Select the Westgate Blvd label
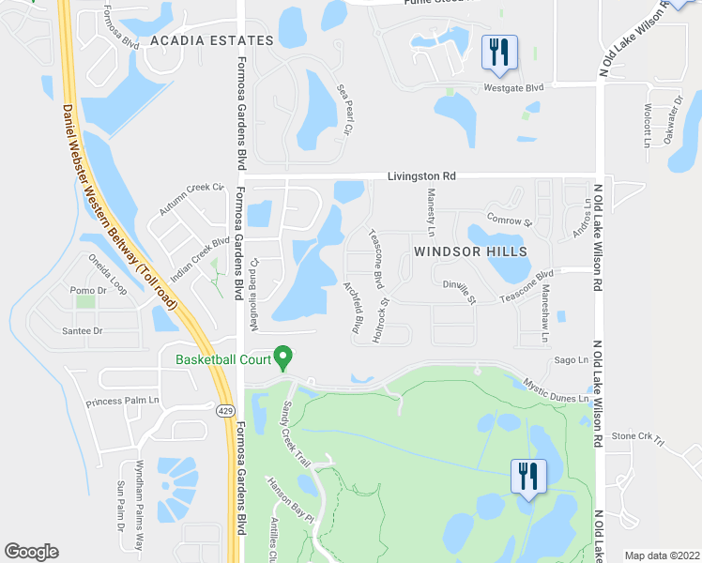point(513,88)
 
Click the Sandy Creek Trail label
point(296,435)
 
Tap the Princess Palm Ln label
point(124,403)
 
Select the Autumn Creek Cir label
point(193,199)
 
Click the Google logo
point(31,552)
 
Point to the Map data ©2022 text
point(661,555)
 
